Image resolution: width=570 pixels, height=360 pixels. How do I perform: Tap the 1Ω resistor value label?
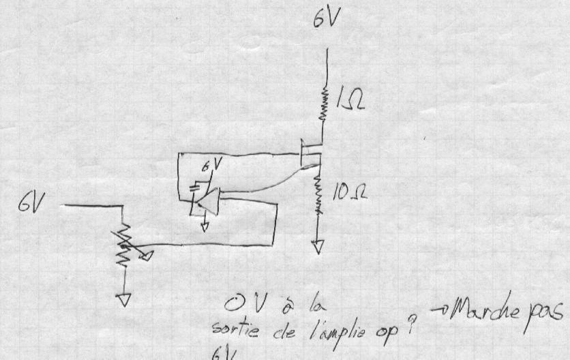coord(350,101)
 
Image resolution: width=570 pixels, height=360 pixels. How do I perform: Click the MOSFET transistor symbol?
coord(310,155)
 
